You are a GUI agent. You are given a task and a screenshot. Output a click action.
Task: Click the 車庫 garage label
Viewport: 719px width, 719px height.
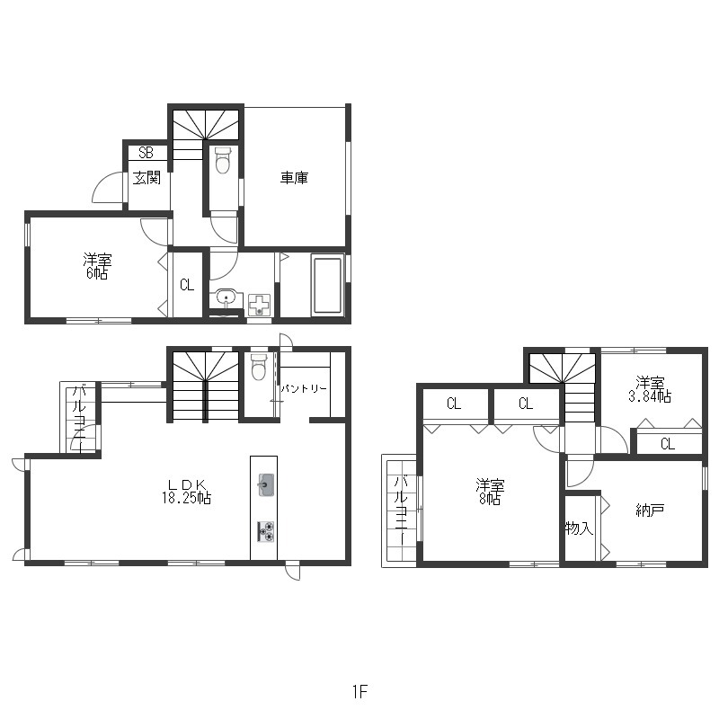[x=294, y=177]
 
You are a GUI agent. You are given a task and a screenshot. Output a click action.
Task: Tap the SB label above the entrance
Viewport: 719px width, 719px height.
[x=146, y=153]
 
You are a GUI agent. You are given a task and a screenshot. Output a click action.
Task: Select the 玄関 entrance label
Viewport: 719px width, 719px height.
[x=146, y=177]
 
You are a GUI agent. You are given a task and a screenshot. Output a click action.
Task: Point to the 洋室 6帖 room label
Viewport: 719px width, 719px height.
[x=97, y=266]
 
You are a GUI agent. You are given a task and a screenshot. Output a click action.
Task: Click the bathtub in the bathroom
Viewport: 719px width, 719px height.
[x=327, y=285]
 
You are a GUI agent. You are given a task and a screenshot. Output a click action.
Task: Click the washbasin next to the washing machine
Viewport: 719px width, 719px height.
[x=226, y=298]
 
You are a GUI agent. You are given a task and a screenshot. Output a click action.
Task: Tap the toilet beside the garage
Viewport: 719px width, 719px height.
[x=223, y=161]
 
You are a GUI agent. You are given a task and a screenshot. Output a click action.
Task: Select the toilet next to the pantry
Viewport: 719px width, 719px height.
[x=259, y=367]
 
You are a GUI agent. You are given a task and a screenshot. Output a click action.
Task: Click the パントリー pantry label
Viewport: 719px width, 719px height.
[x=304, y=389]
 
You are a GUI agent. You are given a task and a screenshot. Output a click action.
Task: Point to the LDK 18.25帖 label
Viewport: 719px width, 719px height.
[x=186, y=492]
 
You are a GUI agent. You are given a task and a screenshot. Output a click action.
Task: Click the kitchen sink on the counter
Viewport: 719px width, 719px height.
[x=266, y=484]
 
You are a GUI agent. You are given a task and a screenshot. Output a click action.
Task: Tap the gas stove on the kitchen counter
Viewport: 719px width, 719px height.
[x=266, y=532]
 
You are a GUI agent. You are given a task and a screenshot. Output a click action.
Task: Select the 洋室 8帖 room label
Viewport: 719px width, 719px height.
[x=490, y=492]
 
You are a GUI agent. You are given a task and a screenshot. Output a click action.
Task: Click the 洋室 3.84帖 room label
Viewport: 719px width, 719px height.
[x=650, y=390]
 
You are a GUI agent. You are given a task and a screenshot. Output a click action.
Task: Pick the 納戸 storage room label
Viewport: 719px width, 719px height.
[x=650, y=510]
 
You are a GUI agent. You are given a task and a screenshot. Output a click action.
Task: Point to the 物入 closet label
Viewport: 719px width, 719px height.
[x=579, y=528]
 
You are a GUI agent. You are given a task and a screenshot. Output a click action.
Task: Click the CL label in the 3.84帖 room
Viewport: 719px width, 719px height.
[x=668, y=443]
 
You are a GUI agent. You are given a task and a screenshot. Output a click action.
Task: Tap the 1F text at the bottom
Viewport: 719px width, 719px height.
[x=360, y=691]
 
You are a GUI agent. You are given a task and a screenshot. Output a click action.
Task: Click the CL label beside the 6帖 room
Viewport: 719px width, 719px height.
[x=187, y=285]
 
